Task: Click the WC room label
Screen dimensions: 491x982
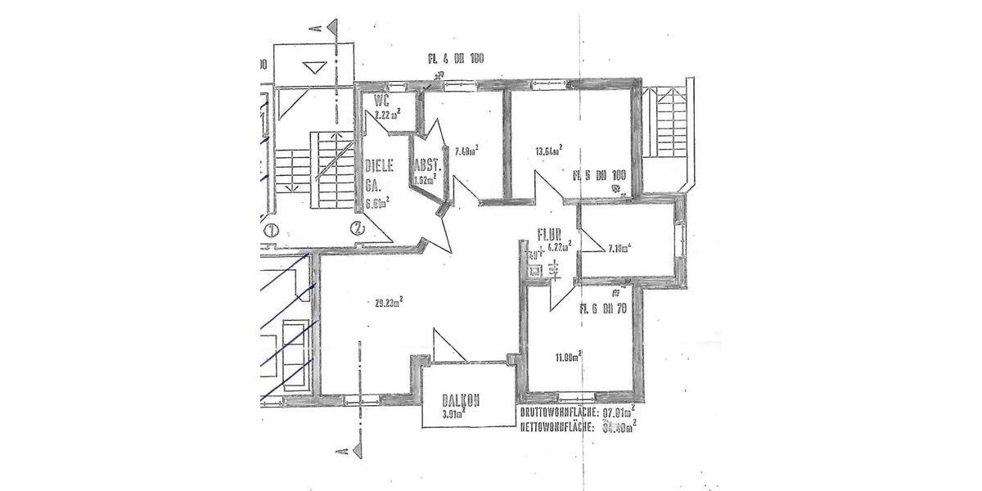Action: pos(381,102)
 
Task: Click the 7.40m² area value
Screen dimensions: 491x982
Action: pos(466,151)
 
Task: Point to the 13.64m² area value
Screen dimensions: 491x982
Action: pos(548,151)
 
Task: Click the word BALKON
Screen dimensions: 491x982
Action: pos(461,401)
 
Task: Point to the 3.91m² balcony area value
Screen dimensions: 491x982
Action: pos(453,415)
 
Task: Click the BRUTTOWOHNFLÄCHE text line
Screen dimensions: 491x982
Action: pos(578,412)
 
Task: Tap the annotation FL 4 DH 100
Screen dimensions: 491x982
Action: pos(456,59)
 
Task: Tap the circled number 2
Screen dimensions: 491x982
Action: pos(357,228)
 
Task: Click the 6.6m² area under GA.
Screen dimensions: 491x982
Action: pos(377,201)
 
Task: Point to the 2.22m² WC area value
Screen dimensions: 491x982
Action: pos(385,115)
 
